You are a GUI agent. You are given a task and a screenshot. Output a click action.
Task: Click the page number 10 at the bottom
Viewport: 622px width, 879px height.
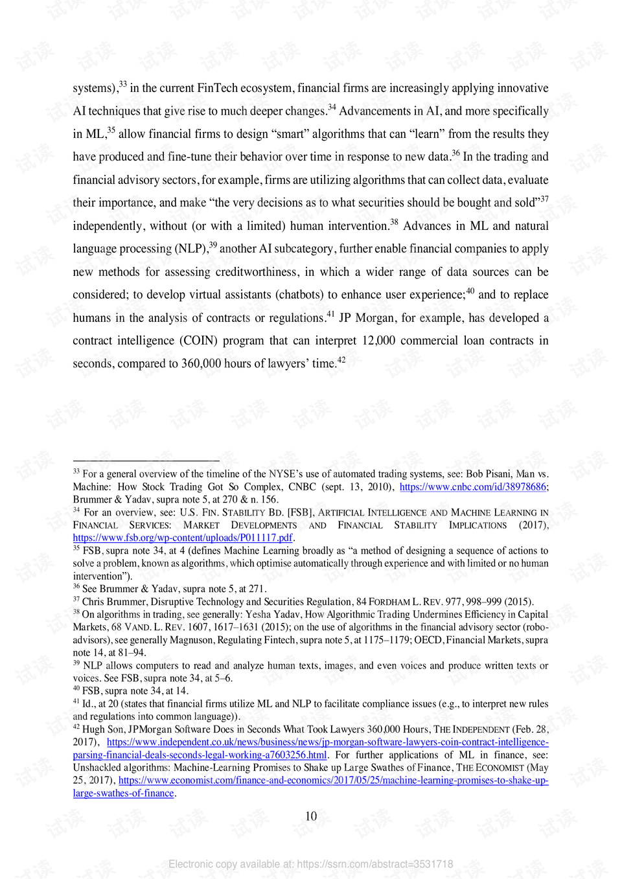point(311,816)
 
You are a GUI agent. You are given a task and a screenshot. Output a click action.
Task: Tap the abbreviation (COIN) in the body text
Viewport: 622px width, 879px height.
point(201,341)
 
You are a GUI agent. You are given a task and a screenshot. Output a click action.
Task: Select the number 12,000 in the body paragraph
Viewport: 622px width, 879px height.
point(378,341)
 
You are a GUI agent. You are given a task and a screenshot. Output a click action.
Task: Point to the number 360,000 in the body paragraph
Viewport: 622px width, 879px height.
point(201,364)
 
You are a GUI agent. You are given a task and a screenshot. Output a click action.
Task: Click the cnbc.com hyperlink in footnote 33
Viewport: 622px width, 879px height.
point(473,487)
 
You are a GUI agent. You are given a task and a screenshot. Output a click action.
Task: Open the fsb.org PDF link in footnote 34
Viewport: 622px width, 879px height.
point(183,538)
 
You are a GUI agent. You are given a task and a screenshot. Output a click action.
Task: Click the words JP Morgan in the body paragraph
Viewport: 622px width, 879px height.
point(366,318)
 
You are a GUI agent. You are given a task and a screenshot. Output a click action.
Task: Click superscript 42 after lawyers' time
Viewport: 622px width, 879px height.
point(341,360)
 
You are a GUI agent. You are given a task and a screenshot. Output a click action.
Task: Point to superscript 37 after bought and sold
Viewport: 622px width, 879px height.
point(544,199)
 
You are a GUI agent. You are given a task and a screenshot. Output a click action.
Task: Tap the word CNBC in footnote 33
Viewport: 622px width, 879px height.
point(302,487)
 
